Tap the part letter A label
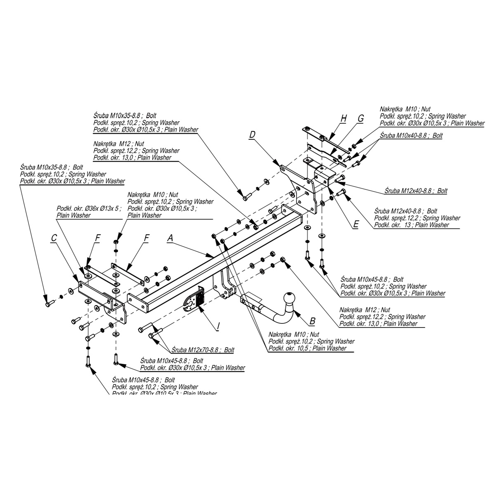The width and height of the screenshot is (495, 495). (170, 238)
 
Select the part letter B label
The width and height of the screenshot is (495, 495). (312, 321)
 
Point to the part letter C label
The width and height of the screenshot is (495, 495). (54, 238)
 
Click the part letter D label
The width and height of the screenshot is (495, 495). (252, 134)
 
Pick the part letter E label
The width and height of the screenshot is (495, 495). (356, 225)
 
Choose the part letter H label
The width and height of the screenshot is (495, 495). (343, 119)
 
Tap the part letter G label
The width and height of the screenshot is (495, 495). (361, 119)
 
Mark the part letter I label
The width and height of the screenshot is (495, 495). (218, 327)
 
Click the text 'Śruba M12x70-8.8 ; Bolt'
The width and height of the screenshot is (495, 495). (203, 350)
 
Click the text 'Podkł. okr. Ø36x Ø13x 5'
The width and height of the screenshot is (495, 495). (89, 209)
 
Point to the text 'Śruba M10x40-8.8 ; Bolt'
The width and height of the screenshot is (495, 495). (411, 135)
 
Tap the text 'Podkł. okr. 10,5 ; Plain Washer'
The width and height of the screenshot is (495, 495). (307, 349)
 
